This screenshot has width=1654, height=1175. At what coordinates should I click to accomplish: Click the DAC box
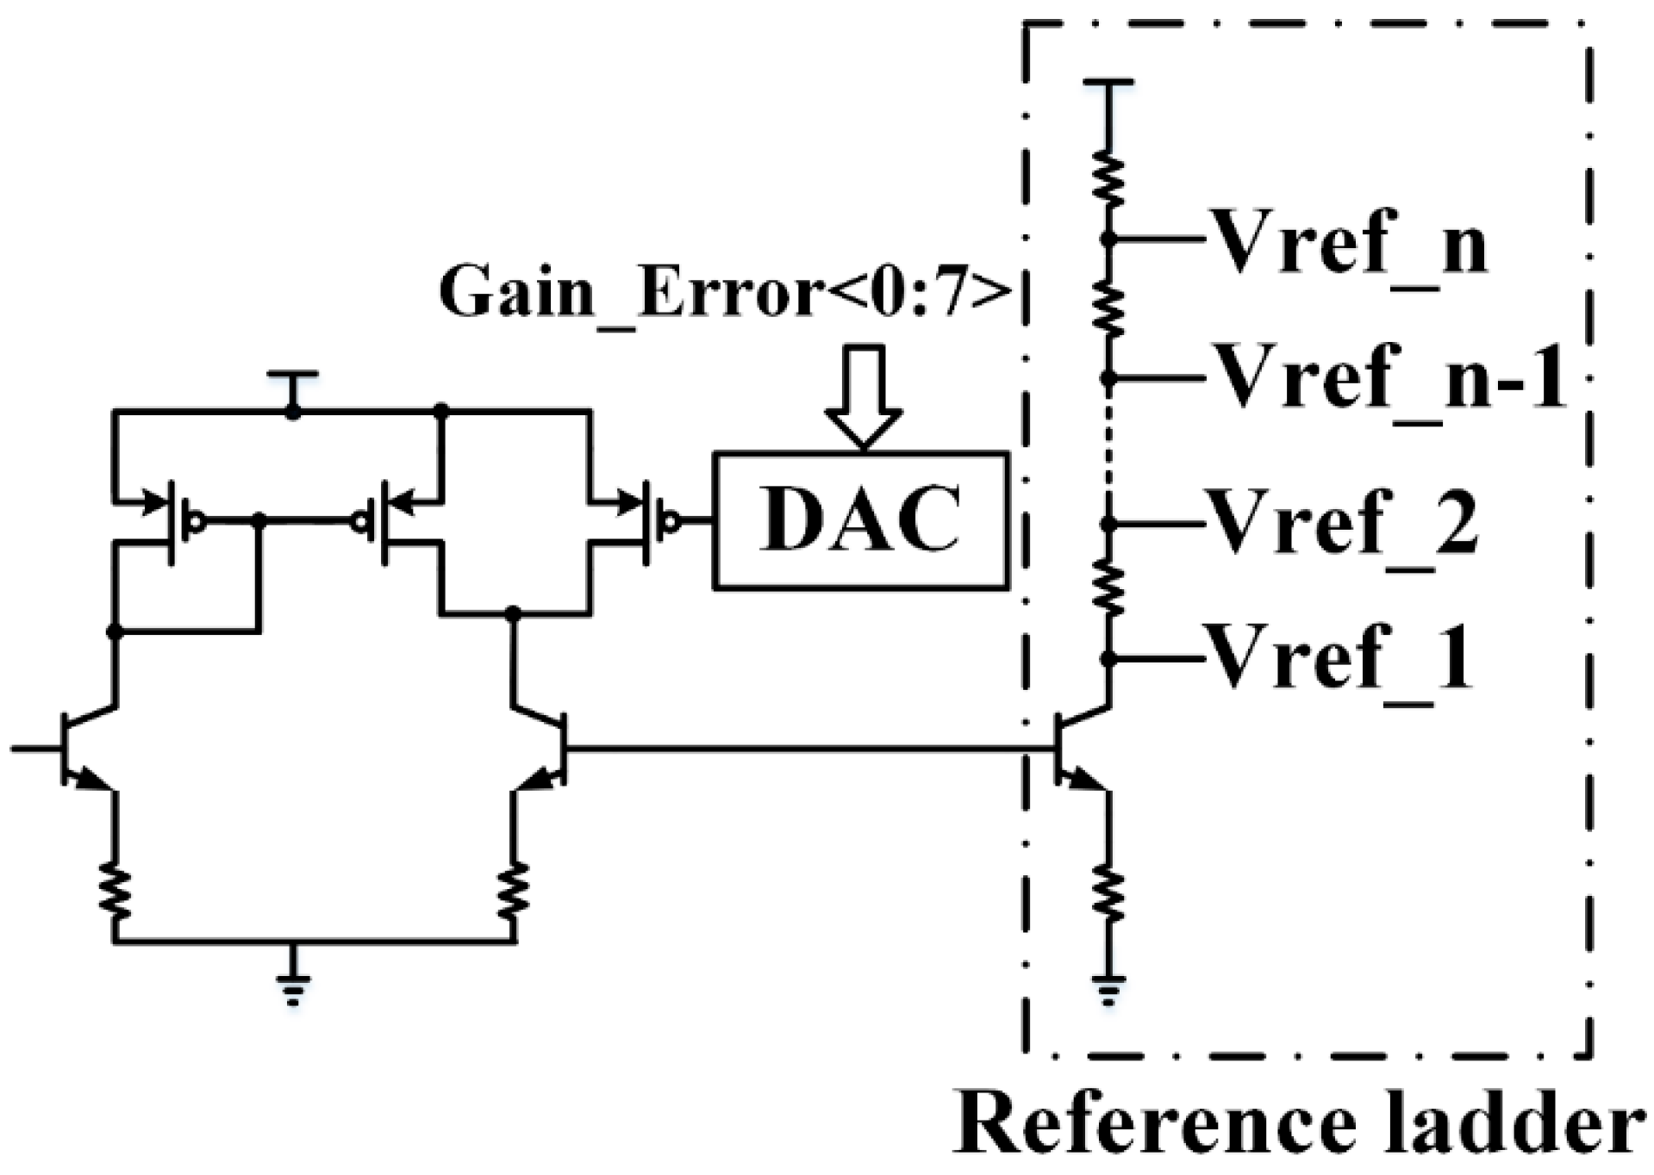click(860, 520)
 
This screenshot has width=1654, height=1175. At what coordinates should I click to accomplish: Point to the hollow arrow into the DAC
click(864, 396)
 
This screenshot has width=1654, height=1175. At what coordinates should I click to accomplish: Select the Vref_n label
click(1349, 241)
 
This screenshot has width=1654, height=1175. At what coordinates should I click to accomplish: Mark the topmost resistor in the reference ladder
click(1109, 179)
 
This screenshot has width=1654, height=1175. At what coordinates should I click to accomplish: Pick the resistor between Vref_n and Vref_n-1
click(1109, 308)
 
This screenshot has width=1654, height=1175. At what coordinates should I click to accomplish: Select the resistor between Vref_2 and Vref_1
click(1109, 590)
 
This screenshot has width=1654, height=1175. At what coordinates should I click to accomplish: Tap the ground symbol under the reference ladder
click(1108, 991)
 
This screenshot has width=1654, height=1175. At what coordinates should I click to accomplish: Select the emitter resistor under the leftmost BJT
click(115, 892)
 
